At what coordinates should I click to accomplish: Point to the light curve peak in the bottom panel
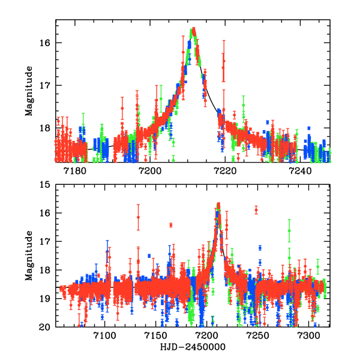click(218, 205)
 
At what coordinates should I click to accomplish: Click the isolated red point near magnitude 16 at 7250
click(256, 210)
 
